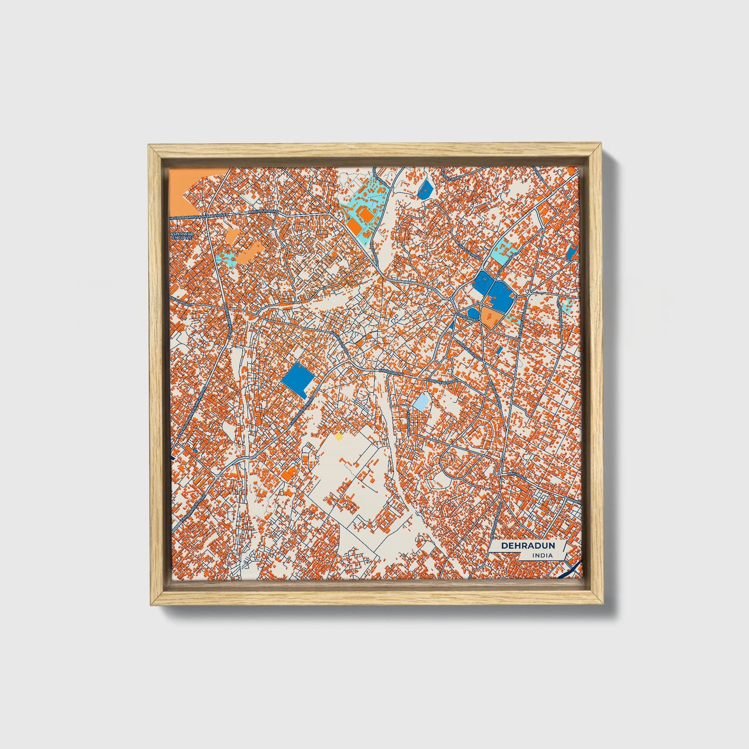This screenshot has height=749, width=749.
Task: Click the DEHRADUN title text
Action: tap(528, 546)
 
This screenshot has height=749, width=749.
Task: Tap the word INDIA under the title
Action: tap(542, 556)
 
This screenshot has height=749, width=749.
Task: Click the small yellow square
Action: tap(339, 437)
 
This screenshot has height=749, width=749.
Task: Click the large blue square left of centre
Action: tap(299, 380)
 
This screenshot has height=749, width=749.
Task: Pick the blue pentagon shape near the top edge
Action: tap(425, 189)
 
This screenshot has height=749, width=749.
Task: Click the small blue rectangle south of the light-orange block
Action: tap(499, 351)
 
